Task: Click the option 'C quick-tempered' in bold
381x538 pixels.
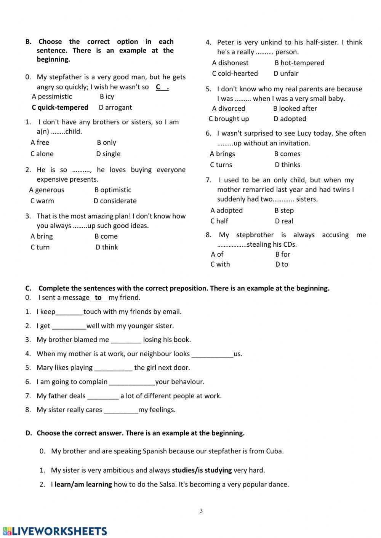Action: pyautogui.click(x=60, y=107)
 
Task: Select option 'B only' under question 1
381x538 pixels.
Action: pyautogui.click(x=106, y=142)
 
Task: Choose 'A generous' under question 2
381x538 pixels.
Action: pyautogui.click(x=46, y=190)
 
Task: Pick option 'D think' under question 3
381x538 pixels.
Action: pyautogui.click(x=107, y=247)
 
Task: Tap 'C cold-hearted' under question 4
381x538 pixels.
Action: pyautogui.click(x=235, y=73)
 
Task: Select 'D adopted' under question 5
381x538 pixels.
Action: pyautogui.click(x=290, y=119)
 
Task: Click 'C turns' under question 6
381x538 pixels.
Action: pyautogui.click(x=221, y=165)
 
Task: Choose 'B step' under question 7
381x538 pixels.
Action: pyautogui.click(x=284, y=211)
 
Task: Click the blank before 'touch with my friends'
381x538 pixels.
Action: pyautogui.click(x=69, y=312)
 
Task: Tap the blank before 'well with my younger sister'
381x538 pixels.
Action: pyautogui.click(x=69, y=326)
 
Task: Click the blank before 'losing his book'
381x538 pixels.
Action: pyautogui.click(x=126, y=340)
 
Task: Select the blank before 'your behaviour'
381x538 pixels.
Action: pyautogui.click(x=132, y=382)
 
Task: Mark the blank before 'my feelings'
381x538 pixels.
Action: pyautogui.click(x=121, y=410)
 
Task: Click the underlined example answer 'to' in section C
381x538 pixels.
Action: pyautogui.click(x=98, y=298)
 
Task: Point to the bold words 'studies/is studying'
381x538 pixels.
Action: pyautogui.click(x=202, y=470)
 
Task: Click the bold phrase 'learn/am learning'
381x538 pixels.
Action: pyautogui.click(x=83, y=484)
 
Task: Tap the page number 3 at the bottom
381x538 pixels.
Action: pyautogui.click(x=201, y=511)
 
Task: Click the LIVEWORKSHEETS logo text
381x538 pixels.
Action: pyautogui.click(x=55, y=531)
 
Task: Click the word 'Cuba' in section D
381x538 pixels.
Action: pyautogui.click(x=274, y=451)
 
